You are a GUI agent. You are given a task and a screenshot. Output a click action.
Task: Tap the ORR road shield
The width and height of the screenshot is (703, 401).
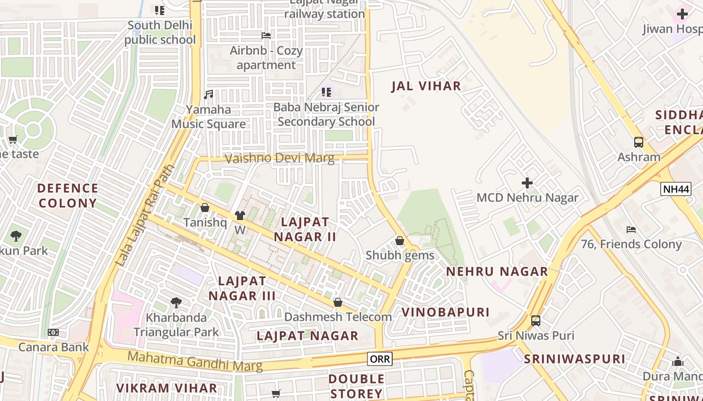pos(380,358)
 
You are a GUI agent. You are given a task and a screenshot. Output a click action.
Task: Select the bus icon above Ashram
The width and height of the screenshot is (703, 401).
pos(638,142)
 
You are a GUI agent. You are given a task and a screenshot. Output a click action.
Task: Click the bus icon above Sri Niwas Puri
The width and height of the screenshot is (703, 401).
pos(536,320)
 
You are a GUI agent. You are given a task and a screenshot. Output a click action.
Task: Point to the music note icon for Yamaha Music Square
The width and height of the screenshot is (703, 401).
pos(208,94)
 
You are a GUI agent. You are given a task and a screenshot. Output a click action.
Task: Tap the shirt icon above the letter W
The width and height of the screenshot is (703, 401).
pos(240,216)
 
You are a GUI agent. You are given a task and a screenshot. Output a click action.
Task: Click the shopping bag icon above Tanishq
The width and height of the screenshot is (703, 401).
pos(205,208)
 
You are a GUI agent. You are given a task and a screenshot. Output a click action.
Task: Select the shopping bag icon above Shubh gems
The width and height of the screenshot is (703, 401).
pos(400,241)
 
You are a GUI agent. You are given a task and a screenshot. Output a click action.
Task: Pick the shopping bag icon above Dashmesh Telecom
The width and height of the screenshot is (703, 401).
pos(338,302)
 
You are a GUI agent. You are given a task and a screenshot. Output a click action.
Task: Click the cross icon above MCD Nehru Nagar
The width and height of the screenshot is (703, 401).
pos(527,182)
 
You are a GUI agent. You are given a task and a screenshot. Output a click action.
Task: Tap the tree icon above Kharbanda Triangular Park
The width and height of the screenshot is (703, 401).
pos(176,302)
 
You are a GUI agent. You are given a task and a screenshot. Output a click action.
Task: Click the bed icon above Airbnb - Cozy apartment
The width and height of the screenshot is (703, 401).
pos(266,36)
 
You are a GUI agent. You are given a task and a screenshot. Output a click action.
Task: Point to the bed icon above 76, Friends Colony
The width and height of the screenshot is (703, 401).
pos(631,230)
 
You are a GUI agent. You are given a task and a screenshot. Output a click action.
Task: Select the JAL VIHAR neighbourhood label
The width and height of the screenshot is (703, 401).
pos(426,86)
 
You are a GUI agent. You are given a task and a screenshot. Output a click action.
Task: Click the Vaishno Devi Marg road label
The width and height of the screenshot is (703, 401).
pos(279,158)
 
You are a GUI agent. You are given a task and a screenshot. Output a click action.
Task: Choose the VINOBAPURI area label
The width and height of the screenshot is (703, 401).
pos(445,312)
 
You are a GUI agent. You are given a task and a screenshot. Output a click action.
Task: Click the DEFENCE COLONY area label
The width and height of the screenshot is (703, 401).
pos(68,195)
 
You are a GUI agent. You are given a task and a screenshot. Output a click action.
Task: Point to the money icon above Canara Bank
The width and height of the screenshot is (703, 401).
pos(53,332)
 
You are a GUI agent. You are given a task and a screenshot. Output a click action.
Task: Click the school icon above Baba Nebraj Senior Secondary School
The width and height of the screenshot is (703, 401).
pos(326,92)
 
